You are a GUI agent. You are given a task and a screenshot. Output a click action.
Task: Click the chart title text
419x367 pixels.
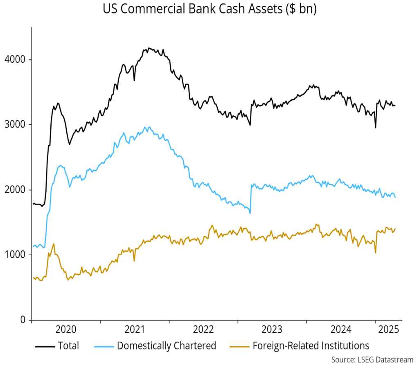point(209,9)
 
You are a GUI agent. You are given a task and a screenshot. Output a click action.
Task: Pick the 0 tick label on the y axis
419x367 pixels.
point(23,320)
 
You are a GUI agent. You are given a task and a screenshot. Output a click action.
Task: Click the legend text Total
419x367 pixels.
point(69,346)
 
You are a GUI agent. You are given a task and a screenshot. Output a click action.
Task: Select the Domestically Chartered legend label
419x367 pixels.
point(167,346)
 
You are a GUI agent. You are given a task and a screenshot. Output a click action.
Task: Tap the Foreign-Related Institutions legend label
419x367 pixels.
point(311,346)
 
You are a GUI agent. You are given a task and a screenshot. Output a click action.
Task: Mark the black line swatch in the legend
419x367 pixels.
point(45,346)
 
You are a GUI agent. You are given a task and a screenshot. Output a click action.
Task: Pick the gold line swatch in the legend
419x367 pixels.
point(238,346)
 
